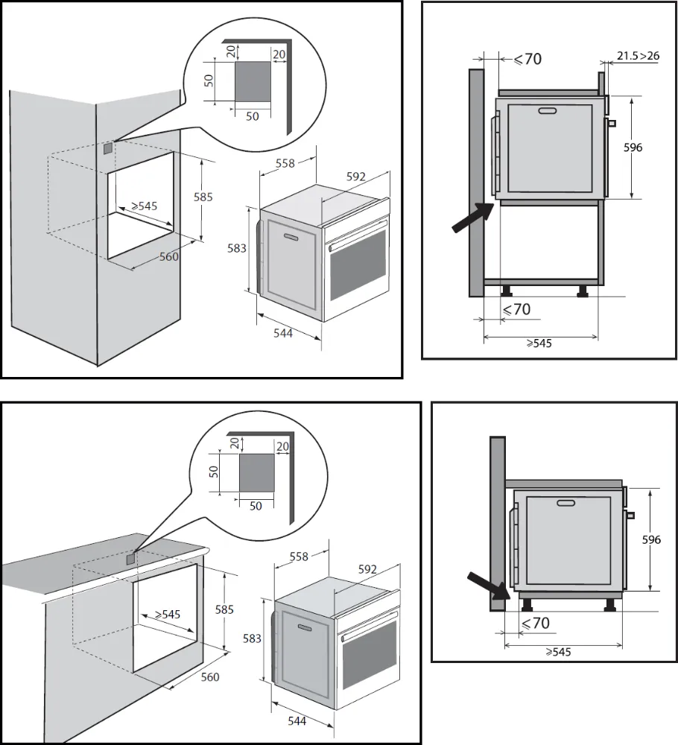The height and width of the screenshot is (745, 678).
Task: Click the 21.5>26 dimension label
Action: click(x=637, y=55)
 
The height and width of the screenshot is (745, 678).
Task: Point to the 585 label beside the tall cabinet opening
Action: click(x=203, y=197)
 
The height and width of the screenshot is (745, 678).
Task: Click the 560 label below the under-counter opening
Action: click(x=211, y=676)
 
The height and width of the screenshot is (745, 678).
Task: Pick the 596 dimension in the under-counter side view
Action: click(x=652, y=540)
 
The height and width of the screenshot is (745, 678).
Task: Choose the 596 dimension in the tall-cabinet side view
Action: click(x=633, y=148)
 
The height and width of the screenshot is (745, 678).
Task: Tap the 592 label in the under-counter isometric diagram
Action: click(x=367, y=569)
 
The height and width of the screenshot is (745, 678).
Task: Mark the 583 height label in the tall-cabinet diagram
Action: click(x=237, y=249)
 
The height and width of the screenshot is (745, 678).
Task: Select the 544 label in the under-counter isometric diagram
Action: click(x=297, y=720)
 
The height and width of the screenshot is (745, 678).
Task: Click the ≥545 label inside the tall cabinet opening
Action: click(x=144, y=206)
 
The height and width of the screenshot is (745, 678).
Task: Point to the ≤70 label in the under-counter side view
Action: click(x=534, y=623)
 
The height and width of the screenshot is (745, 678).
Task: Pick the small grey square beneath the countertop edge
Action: click(x=131, y=557)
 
